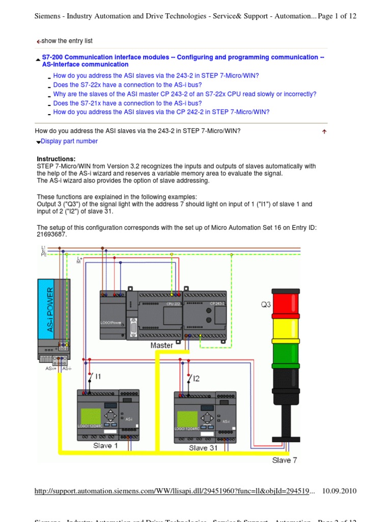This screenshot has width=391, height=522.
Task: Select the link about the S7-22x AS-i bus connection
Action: [x=127, y=85]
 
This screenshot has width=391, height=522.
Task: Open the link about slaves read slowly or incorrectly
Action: [x=184, y=94]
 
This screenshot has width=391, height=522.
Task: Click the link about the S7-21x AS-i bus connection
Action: [x=127, y=103]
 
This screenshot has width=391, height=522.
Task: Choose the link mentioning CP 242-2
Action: [x=161, y=112]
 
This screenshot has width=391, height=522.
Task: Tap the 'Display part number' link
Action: [x=69, y=141]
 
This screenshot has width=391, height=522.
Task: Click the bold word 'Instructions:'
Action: [x=56, y=159]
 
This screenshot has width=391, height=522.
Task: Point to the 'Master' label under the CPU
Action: [x=162, y=345]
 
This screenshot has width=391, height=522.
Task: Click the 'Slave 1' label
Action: [x=105, y=446]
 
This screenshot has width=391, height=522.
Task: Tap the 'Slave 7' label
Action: [x=285, y=460]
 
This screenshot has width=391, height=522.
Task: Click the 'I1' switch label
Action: [x=98, y=376]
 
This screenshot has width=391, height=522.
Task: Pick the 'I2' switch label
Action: [x=196, y=378]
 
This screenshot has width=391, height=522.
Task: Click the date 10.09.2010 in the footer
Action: [x=340, y=491]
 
